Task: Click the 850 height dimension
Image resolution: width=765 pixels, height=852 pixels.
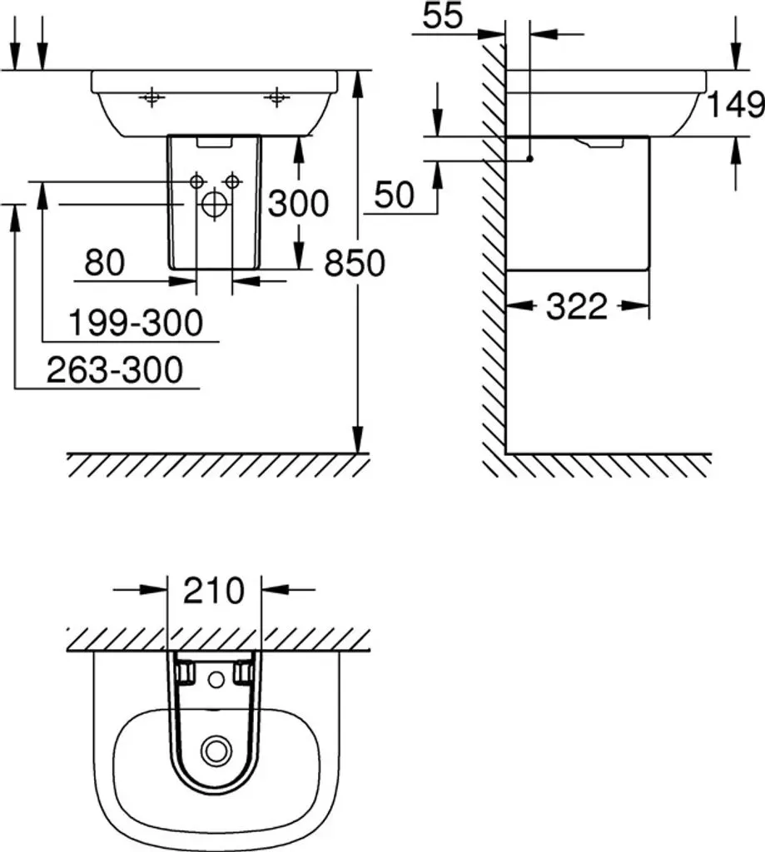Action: tap(355, 263)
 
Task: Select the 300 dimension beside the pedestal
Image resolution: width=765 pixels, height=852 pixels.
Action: tap(298, 204)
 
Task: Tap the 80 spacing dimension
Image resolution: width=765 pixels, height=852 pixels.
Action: tap(104, 262)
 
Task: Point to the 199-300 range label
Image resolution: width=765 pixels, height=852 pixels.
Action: tap(136, 322)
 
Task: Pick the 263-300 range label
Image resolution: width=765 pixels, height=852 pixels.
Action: tap(115, 370)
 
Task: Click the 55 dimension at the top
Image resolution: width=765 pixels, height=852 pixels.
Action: tap(443, 15)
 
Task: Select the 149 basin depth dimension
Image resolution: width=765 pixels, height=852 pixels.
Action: tap(735, 104)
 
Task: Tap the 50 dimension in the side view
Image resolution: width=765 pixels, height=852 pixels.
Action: tap(395, 195)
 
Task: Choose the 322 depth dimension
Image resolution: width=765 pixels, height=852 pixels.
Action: tap(576, 306)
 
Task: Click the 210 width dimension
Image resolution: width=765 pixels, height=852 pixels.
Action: tap(214, 592)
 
